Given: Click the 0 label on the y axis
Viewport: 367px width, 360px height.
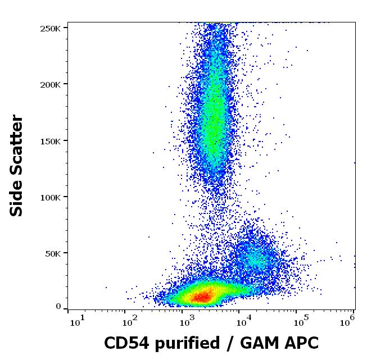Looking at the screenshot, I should (58, 307).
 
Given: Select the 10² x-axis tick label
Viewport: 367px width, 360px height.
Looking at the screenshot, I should (132, 320).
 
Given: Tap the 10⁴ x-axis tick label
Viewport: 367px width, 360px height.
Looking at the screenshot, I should (243, 320).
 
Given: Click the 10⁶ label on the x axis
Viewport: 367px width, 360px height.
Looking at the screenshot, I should (348, 320).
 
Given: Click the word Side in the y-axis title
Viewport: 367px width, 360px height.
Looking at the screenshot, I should (17, 198).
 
